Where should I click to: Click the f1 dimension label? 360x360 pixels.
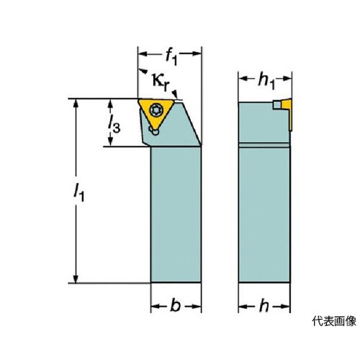171,57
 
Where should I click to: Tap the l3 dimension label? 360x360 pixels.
114,124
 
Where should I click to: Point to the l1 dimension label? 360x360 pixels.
79,192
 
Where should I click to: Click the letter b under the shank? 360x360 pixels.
176,305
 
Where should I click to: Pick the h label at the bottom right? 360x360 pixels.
264,305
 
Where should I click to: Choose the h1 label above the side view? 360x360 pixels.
266,81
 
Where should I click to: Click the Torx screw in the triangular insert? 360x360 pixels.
156,110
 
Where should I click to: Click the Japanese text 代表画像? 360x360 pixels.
334,321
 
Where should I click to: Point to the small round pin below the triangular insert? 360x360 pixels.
156,132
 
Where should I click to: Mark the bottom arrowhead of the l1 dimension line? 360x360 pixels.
76,279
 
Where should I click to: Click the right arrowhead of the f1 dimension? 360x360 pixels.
197,53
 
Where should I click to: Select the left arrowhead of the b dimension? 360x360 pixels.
156,306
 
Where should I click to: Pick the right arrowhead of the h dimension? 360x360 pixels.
285,306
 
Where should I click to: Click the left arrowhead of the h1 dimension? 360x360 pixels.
243,78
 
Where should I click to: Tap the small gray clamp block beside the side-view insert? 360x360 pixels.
277,105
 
